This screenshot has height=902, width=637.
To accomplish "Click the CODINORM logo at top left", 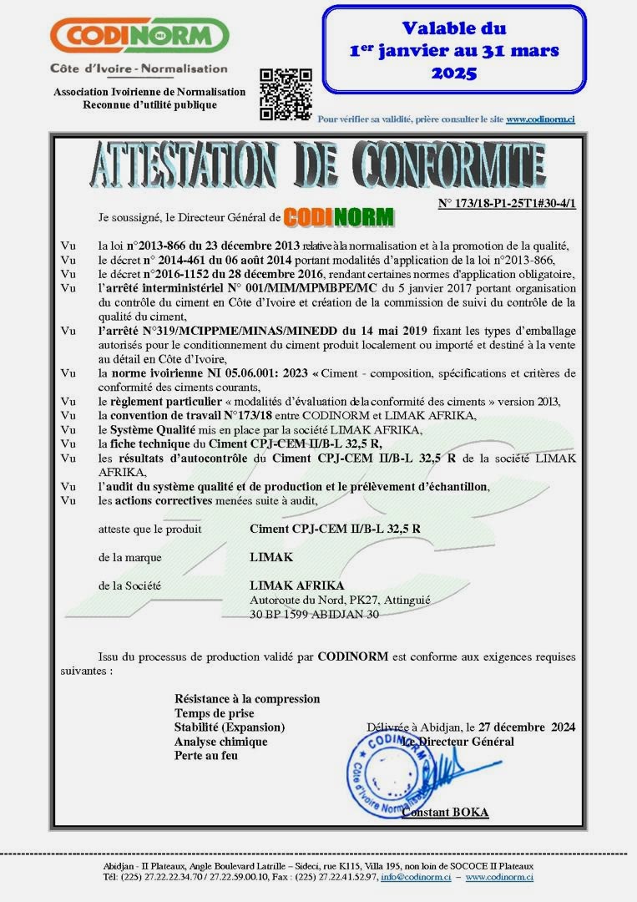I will pyautogui.click(x=139, y=36).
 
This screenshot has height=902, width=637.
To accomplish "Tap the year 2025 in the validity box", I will pyautogui.click(x=453, y=73).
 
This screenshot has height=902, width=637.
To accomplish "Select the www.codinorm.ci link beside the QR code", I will pyautogui.click(x=540, y=119).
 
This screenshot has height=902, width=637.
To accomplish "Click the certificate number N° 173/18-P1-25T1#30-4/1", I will pyautogui.click(x=507, y=203).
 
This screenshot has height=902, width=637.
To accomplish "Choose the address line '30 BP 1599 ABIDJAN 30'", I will pyautogui.click(x=315, y=614).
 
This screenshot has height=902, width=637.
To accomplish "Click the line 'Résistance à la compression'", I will pyautogui.click(x=247, y=699).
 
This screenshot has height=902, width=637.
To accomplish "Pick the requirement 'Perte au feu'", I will pyautogui.click(x=206, y=756).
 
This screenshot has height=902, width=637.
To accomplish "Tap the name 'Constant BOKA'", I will pyautogui.click(x=445, y=813).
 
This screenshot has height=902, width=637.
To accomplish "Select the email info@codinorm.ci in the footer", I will pyautogui.click(x=416, y=878).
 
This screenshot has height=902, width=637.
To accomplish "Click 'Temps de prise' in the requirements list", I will pyautogui.click(x=215, y=713).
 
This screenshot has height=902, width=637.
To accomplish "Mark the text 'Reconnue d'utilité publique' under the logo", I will pyautogui.click(x=149, y=104).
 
